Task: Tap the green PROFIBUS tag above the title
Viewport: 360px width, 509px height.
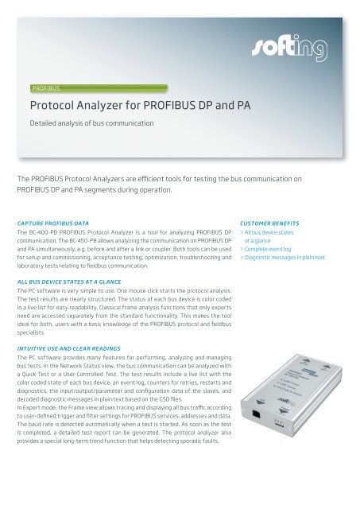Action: point(47,88)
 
